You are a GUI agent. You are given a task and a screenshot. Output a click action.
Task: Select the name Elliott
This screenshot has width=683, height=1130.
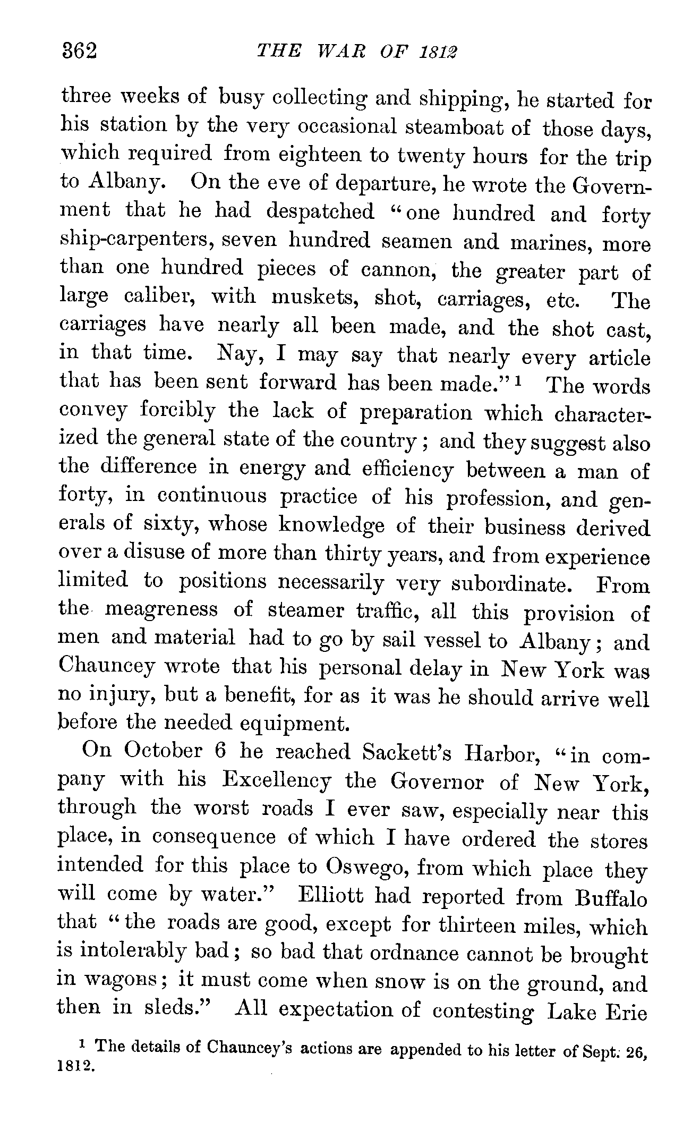(331, 896)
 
